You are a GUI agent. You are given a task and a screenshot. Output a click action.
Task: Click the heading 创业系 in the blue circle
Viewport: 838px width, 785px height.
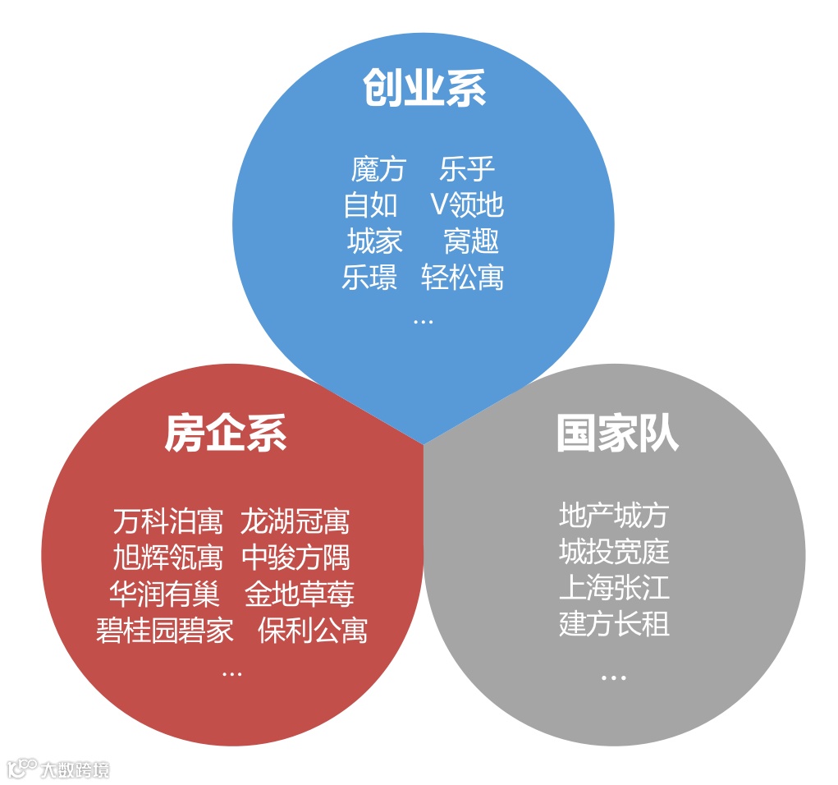coord(424,88)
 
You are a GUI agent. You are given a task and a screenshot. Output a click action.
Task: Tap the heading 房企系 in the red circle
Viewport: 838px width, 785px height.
coord(226,433)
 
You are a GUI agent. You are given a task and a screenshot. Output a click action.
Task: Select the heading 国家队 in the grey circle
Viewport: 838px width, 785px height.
coord(617,433)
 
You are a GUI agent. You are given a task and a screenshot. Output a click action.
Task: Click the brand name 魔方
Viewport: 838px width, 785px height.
coord(378,170)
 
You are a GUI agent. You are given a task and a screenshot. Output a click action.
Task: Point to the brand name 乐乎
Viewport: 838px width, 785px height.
coord(467,170)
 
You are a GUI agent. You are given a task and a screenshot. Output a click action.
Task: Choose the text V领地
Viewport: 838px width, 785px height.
coord(467,205)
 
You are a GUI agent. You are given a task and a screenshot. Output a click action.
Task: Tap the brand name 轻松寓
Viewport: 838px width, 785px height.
coord(462,278)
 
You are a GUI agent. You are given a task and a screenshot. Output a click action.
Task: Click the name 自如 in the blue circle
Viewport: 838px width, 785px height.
coord(370,205)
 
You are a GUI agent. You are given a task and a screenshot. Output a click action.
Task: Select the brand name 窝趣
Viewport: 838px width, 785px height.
coord(471,241)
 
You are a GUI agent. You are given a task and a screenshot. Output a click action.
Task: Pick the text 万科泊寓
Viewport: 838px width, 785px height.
coord(168,521)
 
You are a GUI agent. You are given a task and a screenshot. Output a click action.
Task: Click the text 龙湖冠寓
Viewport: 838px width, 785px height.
coord(295,521)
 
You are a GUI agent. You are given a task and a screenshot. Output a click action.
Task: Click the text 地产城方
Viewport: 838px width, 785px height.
coord(614,516)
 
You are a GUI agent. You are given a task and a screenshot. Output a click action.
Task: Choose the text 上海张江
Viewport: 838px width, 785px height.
coord(614,588)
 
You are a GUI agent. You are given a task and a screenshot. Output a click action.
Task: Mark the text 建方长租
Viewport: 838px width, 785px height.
coord(614,624)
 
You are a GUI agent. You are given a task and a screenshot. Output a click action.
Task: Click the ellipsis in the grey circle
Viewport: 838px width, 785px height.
coord(613,677)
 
